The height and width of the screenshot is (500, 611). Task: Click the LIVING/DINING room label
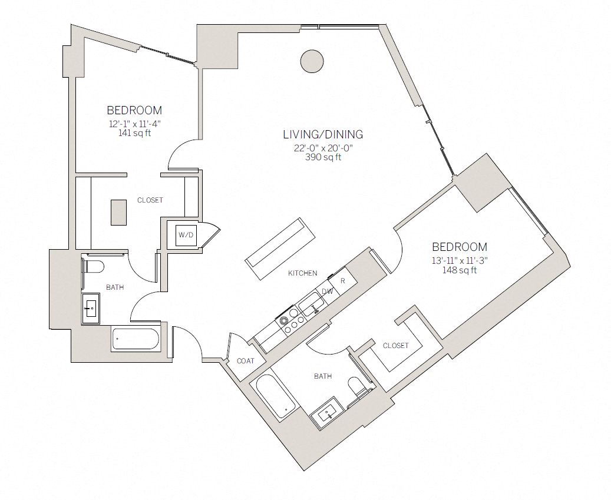(322, 134)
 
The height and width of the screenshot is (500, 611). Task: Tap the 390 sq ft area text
(323, 157)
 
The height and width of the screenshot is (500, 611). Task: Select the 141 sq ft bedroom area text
(134, 133)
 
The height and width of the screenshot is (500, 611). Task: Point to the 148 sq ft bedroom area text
(460, 270)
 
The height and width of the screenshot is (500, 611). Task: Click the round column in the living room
(311, 61)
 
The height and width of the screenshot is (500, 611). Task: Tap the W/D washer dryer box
(186, 235)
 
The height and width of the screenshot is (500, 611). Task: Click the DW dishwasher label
(327, 292)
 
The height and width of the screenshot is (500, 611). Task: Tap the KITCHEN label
(303, 273)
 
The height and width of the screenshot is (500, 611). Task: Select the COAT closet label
(245, 360)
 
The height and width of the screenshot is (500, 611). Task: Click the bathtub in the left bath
(135, 339)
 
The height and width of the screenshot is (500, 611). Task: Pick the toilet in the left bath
(93, 266)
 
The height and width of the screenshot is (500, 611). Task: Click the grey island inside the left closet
(118, 212)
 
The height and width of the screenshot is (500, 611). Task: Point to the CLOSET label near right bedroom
(395, 346)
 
